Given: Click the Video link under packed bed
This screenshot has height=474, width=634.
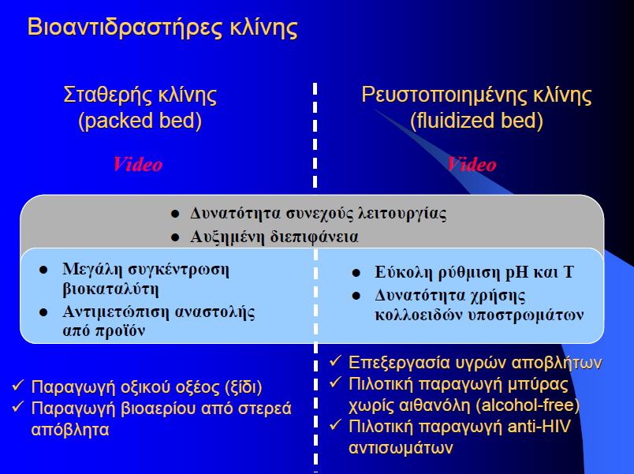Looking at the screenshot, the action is [x=137, y=164].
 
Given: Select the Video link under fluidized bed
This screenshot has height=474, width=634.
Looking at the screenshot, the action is [x=472, y=164].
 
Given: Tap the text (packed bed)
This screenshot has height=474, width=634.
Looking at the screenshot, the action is [x=140, y=121].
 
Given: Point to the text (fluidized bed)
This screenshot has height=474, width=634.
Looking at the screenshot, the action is [x=476, y=121].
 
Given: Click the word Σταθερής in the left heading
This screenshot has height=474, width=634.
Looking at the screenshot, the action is [x=106, y=95].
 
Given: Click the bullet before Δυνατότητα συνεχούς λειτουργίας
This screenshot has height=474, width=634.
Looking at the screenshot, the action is [x=175, y=214].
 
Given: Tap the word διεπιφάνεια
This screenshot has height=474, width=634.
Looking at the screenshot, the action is [x=314, y=237].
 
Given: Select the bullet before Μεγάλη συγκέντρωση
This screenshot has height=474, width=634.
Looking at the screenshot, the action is [x=43, y=270].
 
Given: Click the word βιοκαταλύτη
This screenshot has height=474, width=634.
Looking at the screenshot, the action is [x=110, y=289].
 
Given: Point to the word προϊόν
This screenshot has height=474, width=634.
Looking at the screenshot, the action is [x=120, y=330].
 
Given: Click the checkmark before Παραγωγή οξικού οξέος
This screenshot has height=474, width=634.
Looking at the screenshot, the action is [x=18, y=385].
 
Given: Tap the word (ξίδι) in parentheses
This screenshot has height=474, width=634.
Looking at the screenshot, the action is [x=243, y=387].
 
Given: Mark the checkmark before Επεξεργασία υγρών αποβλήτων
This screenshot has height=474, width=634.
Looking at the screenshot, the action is [x=336, y=360].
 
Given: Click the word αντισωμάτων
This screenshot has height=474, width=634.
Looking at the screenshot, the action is [x=401, y=448].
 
